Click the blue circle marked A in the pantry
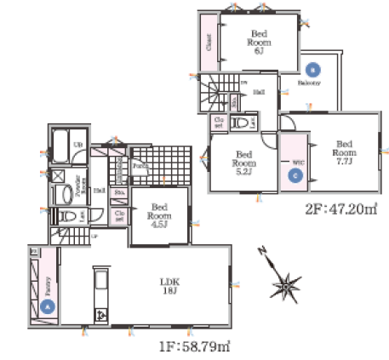click(x=48, y=304)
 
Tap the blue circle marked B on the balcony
click(x=312, y=69)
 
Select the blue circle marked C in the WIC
click(x=295, y=176)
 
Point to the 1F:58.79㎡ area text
click(x=193, y=346)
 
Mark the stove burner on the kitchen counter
click(x=100, y=315)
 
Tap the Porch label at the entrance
click(x=138, y=166)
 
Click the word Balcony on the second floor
click(x=309, y=83)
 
